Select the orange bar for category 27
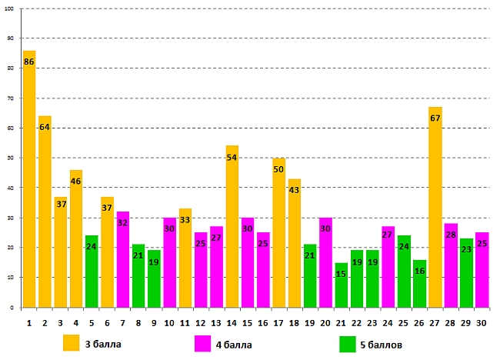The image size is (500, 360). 435,207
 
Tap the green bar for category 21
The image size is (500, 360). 341,285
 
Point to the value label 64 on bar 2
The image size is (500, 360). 45,127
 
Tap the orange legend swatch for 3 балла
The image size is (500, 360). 72,342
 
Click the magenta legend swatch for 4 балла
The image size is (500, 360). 203,342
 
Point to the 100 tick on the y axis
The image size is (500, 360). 11,8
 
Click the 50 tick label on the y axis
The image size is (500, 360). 11,158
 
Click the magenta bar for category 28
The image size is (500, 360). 450,265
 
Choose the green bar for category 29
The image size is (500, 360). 465,272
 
